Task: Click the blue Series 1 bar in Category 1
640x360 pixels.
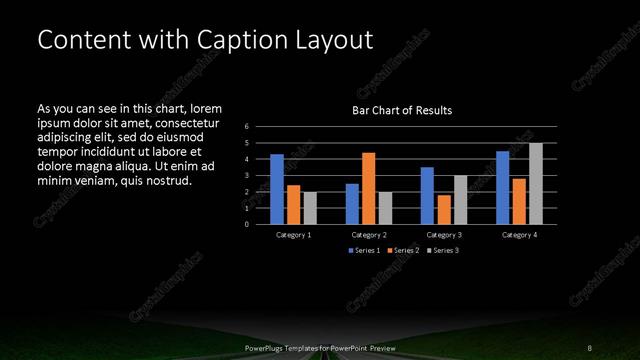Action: (277, 189)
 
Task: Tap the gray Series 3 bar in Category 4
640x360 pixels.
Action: (536, 183)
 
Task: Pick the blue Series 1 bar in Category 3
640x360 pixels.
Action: (427, 195)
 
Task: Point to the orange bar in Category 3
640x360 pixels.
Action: (444, 209)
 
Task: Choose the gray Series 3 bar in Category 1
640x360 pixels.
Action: (310, 208)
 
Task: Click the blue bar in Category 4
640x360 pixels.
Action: (503, 187)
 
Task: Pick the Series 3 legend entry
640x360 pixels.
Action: (440, 249)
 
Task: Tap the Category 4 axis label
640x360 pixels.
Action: (519, 234)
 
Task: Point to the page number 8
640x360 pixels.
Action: (589, 347)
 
